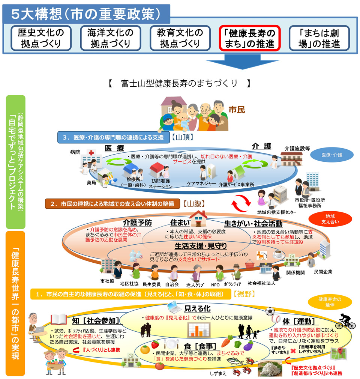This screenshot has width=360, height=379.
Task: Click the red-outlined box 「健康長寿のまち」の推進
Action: point(250,38)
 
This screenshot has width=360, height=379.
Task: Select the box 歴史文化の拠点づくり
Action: point(41,38)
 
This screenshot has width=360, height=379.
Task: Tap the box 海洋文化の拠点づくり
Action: point(110,38)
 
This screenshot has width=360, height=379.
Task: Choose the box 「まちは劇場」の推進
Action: point(319,38)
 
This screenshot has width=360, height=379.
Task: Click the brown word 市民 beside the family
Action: point(237,110)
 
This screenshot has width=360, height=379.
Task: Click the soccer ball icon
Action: point(270,311)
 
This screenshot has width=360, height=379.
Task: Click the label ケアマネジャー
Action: point(202,184)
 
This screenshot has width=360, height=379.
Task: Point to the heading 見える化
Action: point(197,308)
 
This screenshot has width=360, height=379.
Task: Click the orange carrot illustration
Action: point(227,341)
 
